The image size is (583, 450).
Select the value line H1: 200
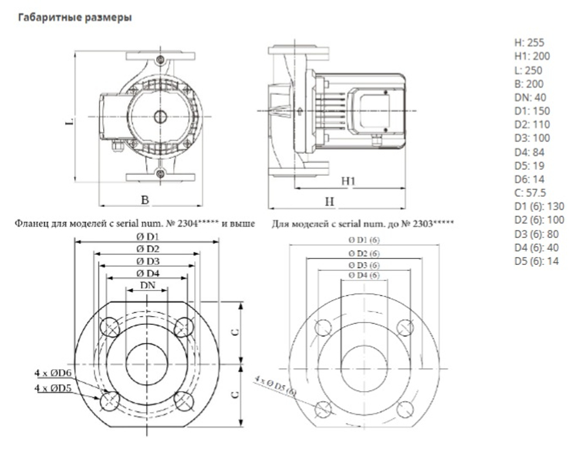click(x=532, y=56)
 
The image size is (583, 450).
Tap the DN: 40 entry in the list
click(x=529, y=97)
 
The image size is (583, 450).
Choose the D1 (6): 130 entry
click(x=539, y=206)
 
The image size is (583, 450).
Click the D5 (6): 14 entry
click(x=536, y=261)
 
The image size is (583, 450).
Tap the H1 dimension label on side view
click(x=348, y=182)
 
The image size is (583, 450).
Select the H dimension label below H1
click(x=329, y=201)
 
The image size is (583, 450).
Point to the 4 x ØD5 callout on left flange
click(x=53, y=387)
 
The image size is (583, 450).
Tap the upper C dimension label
click(x=235, y=332)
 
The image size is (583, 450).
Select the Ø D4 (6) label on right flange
click(x=364, y=275)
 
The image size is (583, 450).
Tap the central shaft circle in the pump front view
click(x=159, y=116)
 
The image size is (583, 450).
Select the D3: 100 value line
click(x=532, y=138)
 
